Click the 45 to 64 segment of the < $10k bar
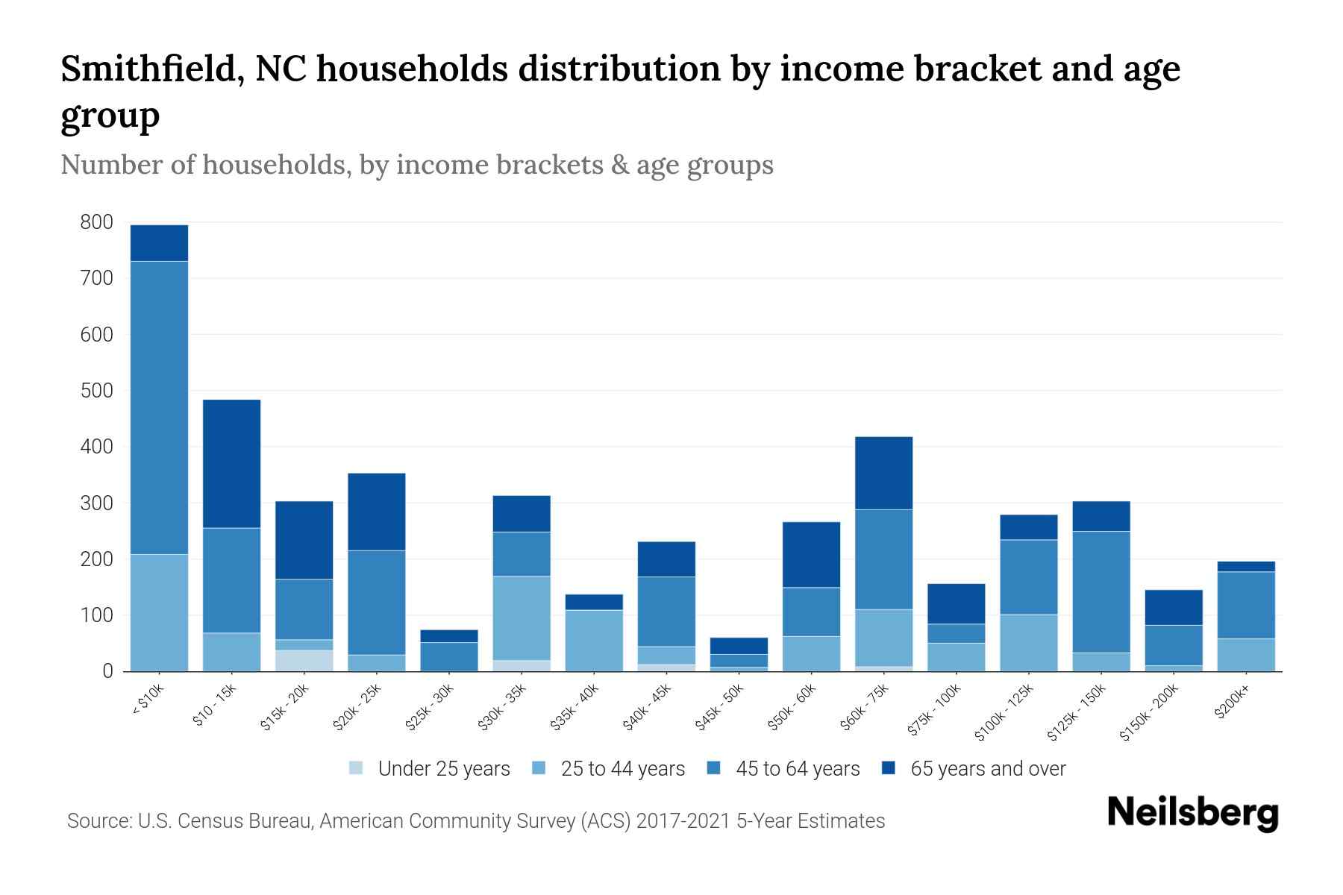click(159, 407)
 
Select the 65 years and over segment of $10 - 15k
click(232, 463)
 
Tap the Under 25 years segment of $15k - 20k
click(304, 661)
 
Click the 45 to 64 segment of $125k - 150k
click(1101, 591)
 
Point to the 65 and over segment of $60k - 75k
click(884, 473)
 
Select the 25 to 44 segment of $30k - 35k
click(522, 618)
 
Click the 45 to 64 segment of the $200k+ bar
click(1246, 605)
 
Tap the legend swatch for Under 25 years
click(357, 768)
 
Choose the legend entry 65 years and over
click(988, 769)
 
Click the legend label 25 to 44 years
click(622, 769)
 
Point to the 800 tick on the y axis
click(97, 222)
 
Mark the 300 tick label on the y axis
click(97, 503)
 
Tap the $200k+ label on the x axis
click(1232, 703)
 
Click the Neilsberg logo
click(1192, 812)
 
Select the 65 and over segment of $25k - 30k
click(449, 636)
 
